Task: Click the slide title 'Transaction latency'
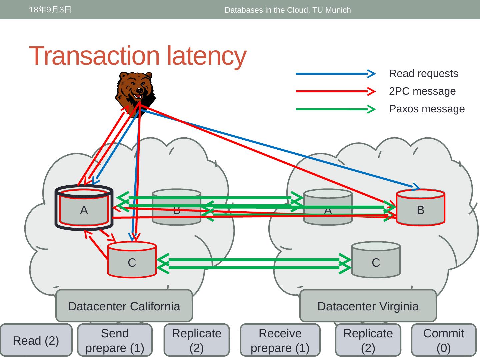pos(138,56)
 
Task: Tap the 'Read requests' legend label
pos(423,74)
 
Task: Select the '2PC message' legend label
pos(422,91)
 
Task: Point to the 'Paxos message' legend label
pos(427,109)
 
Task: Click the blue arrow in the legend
pos(335,74)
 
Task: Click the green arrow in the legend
pos(335,109)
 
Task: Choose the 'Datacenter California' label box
pos(124,306)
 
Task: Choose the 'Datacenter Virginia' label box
pos(368,306)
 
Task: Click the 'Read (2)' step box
pos(36,340)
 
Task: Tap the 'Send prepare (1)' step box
pos(115,340)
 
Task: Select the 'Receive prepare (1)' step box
pos(280,340)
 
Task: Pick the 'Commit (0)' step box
pos(443,340)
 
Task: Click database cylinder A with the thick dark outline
pos(84,208)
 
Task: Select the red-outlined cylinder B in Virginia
pos(420,208)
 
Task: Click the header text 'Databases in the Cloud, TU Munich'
pos(288,10)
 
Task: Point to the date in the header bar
pos(50,10)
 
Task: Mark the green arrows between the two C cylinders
pos(253,264)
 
